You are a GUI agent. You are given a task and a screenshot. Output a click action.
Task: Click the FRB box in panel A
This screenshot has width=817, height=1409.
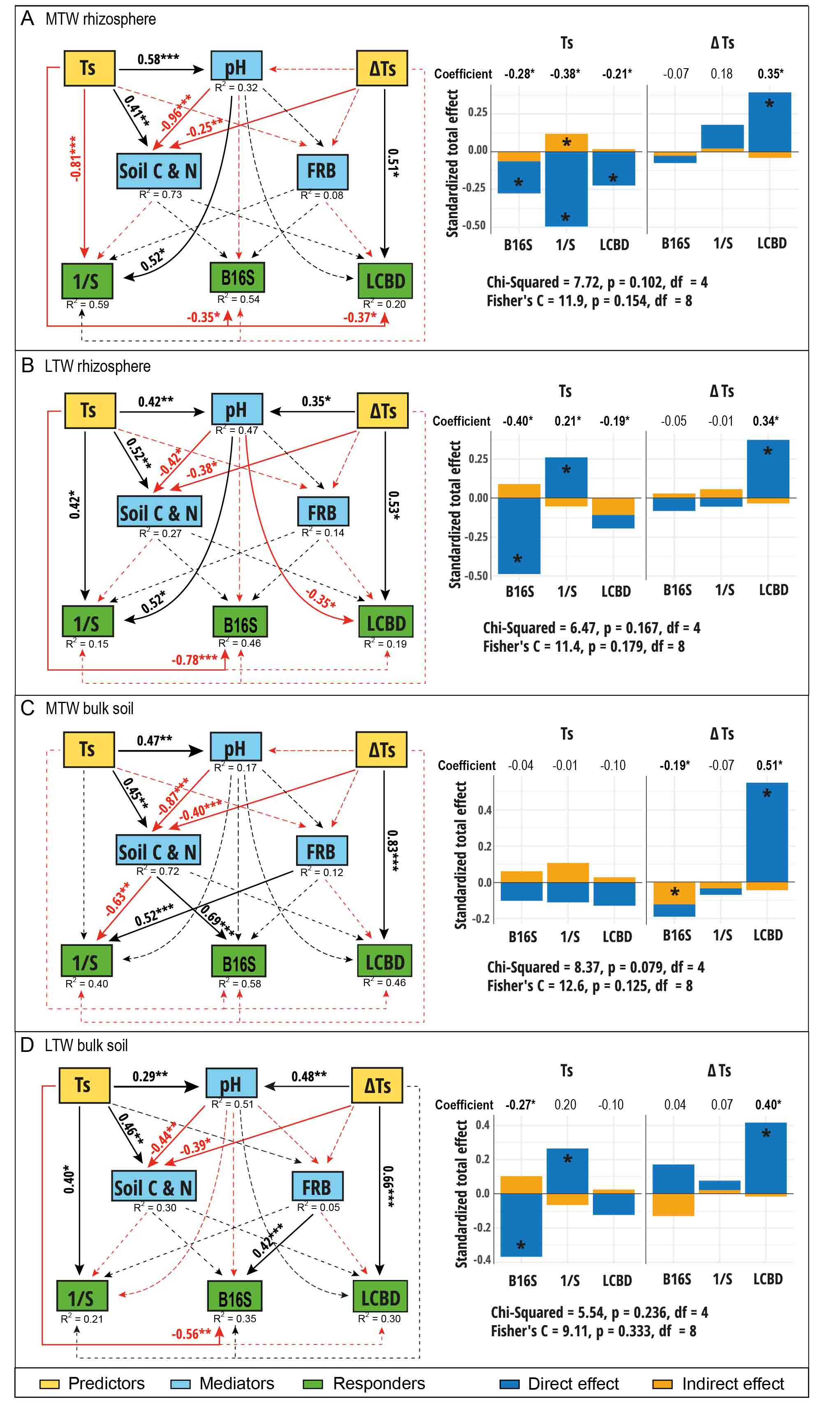[x=322, y=172]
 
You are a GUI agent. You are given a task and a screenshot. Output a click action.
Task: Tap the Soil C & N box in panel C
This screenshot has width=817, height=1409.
[x=158, y=851]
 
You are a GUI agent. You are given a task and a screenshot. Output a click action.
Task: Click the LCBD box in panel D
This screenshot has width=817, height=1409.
[x=380, y=1297]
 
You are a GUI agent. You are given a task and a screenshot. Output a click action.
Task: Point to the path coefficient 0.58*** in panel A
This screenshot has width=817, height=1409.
[x=158, y=59]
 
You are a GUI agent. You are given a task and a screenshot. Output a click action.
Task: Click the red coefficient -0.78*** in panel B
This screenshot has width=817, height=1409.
[x=194, y=660]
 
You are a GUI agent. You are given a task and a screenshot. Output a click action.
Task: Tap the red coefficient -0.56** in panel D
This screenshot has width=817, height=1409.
[x=191, y=1333]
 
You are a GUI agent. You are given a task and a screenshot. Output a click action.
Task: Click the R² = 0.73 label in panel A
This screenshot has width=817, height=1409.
[x=161, y=195]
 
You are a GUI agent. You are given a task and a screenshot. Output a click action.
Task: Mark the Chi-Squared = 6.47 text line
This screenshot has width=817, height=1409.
[x=591, y=627]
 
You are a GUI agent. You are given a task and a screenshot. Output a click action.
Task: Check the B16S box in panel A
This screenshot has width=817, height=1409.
[x=238, y=277]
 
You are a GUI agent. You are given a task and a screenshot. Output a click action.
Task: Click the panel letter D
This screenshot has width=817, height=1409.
[x=27, y=1045]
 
